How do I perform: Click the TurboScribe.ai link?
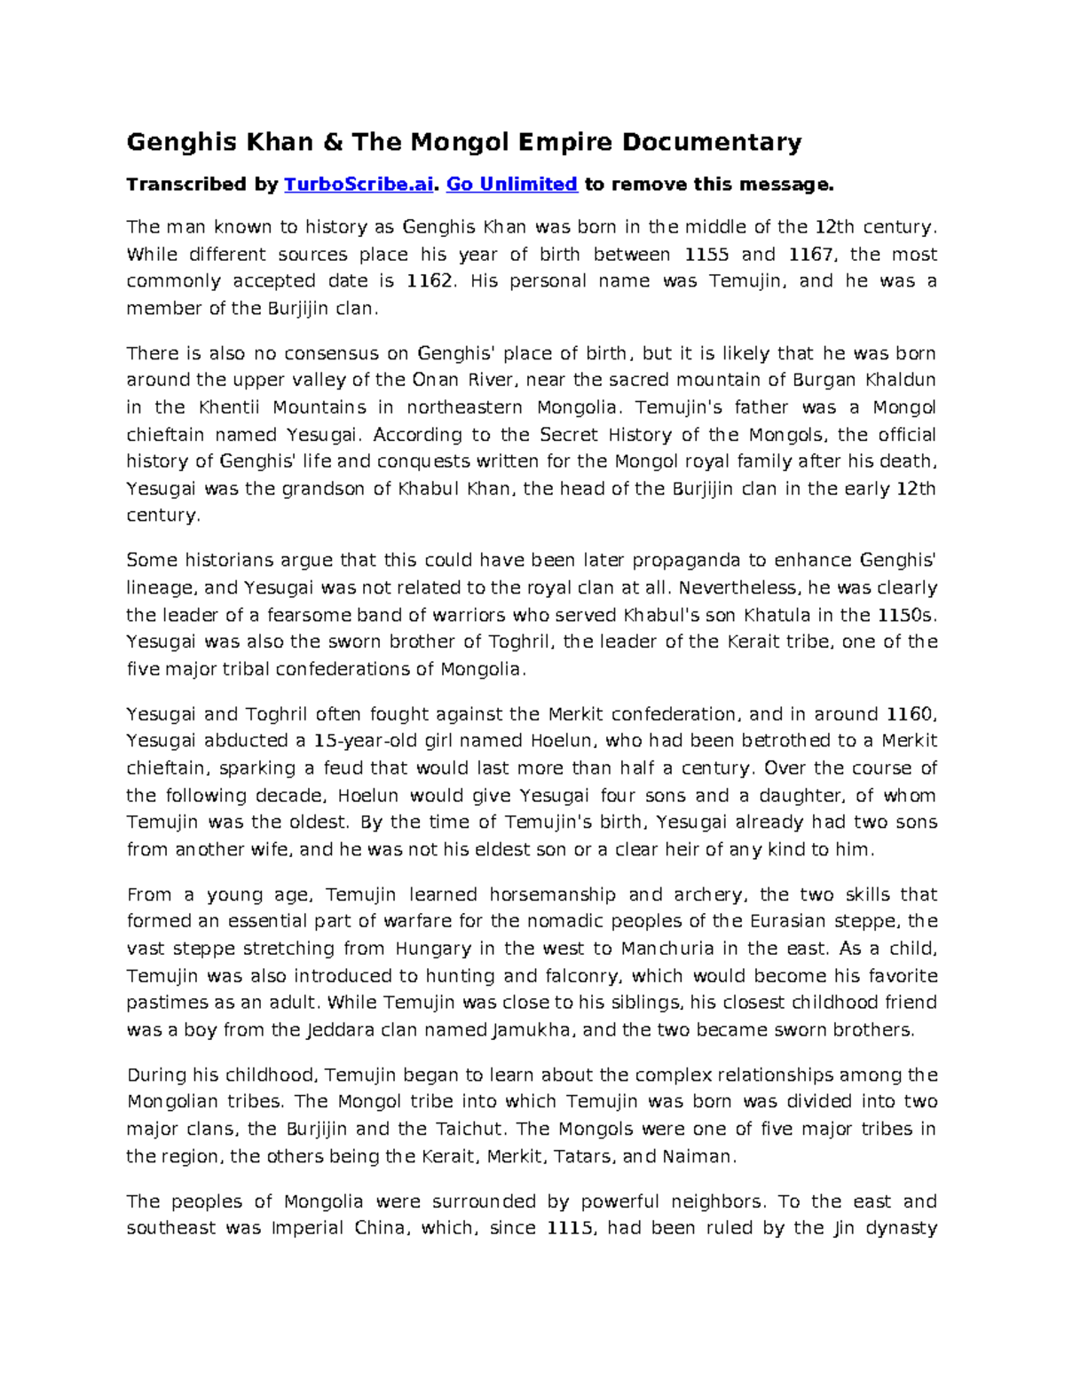click(x=359, y=185)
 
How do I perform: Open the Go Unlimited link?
click(x=511, y=185)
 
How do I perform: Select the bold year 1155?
click(x=707, y=255)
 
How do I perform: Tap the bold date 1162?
click(x=429, y=281)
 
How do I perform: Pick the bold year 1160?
click(x=907, y=714)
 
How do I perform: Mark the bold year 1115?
click(x=569, y=1228)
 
